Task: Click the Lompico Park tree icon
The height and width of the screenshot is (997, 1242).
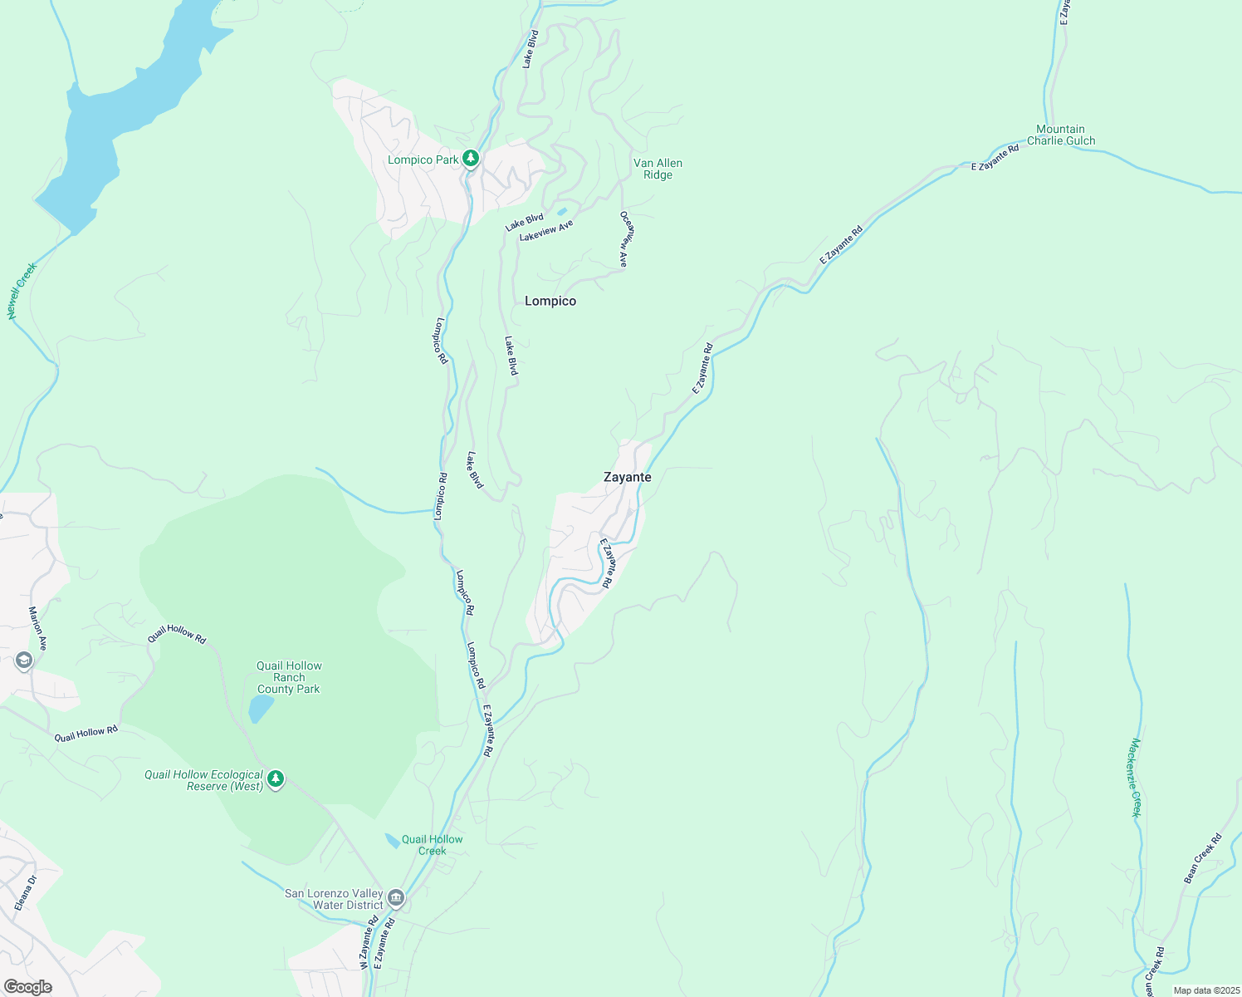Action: pos(471,158)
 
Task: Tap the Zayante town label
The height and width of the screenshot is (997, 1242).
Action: pos(627,477)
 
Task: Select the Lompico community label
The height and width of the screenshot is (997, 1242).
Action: pos(550,301)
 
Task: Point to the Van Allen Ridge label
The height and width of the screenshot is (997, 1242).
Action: pos(658,169)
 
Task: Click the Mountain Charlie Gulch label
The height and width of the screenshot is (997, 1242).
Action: pos(1060,135)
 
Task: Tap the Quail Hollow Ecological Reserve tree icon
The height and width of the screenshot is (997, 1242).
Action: pos(276,779)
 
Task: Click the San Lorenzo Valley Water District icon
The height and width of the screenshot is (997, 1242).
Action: pos(396,898)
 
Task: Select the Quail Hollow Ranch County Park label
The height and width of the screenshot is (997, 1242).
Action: pos(288,677)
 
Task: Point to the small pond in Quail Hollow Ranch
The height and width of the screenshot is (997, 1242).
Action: pos(261,709)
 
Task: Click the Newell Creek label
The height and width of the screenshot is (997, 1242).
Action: pos(22,291)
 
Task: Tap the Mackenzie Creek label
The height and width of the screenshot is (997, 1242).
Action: pos(1135,778)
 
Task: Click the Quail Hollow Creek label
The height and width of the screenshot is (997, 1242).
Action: pos(432,845)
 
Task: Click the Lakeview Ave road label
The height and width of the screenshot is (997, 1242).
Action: pos(545,231)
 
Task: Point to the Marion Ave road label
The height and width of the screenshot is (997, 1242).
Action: pos(38,632)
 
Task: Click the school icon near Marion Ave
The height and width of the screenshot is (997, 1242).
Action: pos(23,661)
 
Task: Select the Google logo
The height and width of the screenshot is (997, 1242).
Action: pos(27,987)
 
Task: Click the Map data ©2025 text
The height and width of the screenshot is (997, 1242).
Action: pos(1205,990)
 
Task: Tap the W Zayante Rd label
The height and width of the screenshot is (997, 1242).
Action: pos(369,943)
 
